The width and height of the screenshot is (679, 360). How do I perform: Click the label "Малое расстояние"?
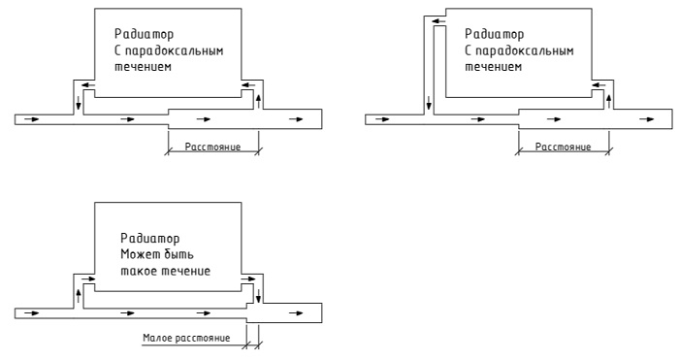coord(186,338)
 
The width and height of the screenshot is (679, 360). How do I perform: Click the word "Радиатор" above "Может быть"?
coord(149,239)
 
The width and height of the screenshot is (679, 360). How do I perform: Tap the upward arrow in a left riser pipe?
coord(79,296)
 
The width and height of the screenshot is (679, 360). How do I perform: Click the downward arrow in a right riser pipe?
coord(259,296)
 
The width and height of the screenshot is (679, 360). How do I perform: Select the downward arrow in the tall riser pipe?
coord(429,104)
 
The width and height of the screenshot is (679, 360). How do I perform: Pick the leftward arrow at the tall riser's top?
coord(438,20)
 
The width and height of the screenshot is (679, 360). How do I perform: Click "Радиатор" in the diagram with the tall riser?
coord(494,34)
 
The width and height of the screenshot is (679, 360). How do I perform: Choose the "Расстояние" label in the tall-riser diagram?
coord(563,147)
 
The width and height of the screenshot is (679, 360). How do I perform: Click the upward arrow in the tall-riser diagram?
coord(609,102)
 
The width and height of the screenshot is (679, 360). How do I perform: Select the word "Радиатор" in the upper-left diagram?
coord(144,34)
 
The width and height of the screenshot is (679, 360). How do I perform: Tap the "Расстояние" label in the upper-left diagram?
coord(212,147)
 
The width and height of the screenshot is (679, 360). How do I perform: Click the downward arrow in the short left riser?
coord(79,103)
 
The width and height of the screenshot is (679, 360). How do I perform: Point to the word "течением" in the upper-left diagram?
coord(143,67)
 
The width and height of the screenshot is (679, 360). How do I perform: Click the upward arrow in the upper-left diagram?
coord(259,102)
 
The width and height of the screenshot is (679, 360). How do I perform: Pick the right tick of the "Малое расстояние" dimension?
coord(259,345)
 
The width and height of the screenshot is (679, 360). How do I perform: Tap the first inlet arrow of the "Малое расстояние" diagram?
coord(32,312)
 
